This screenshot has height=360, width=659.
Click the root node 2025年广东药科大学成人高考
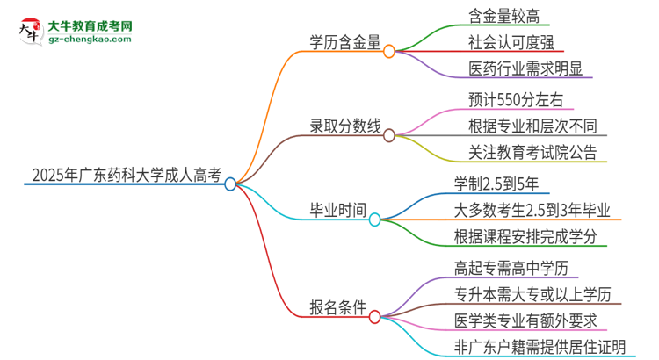pos(123,174)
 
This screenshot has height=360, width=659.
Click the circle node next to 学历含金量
pos(389,51)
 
